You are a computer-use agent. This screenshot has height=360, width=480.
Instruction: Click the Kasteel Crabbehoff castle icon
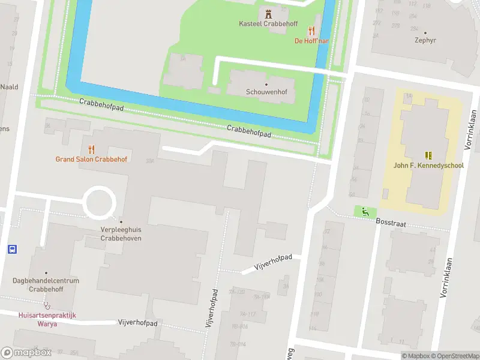pos(268,13)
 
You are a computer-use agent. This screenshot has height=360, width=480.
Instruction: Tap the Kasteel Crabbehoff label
pos(268,24)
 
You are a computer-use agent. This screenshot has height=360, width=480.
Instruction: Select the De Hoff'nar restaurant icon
pos(311,30)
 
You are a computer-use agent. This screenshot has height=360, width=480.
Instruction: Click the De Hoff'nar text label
pos(311,41)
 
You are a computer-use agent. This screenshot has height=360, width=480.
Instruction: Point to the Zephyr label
pos(425,41)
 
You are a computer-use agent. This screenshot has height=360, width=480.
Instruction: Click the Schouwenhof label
pos(266,93)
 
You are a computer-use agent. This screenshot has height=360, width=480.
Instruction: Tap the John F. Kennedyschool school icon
pos(428,155)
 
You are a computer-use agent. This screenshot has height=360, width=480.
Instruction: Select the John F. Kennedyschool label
pos(428,166)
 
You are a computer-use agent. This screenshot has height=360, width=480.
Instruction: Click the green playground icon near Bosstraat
pos(364,211)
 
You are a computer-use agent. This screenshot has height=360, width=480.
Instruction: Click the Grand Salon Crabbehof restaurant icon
pos(91,149)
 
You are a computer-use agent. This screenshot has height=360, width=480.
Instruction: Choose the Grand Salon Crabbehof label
pos(91,160)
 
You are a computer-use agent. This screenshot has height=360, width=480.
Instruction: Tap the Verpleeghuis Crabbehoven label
pos(121,234)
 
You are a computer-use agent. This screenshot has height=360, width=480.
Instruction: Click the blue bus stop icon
pos(11,249)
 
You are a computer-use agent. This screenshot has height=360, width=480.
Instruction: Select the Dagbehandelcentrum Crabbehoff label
pos(46,284)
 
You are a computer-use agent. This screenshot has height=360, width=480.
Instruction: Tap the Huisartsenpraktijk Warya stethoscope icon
pos(46,304)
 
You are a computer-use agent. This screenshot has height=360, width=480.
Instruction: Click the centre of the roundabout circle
pos(99,203)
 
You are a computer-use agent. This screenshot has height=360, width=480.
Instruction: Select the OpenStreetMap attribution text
pos(454,356)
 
